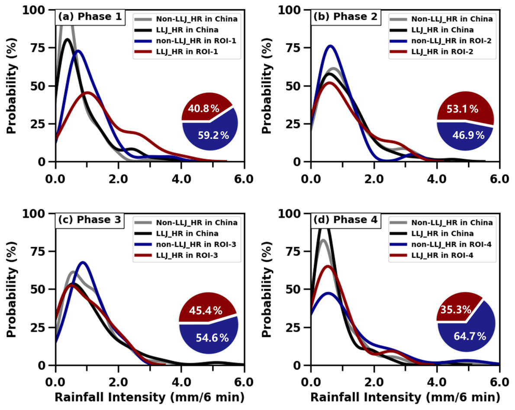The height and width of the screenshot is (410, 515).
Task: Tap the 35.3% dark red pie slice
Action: (454, 310)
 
